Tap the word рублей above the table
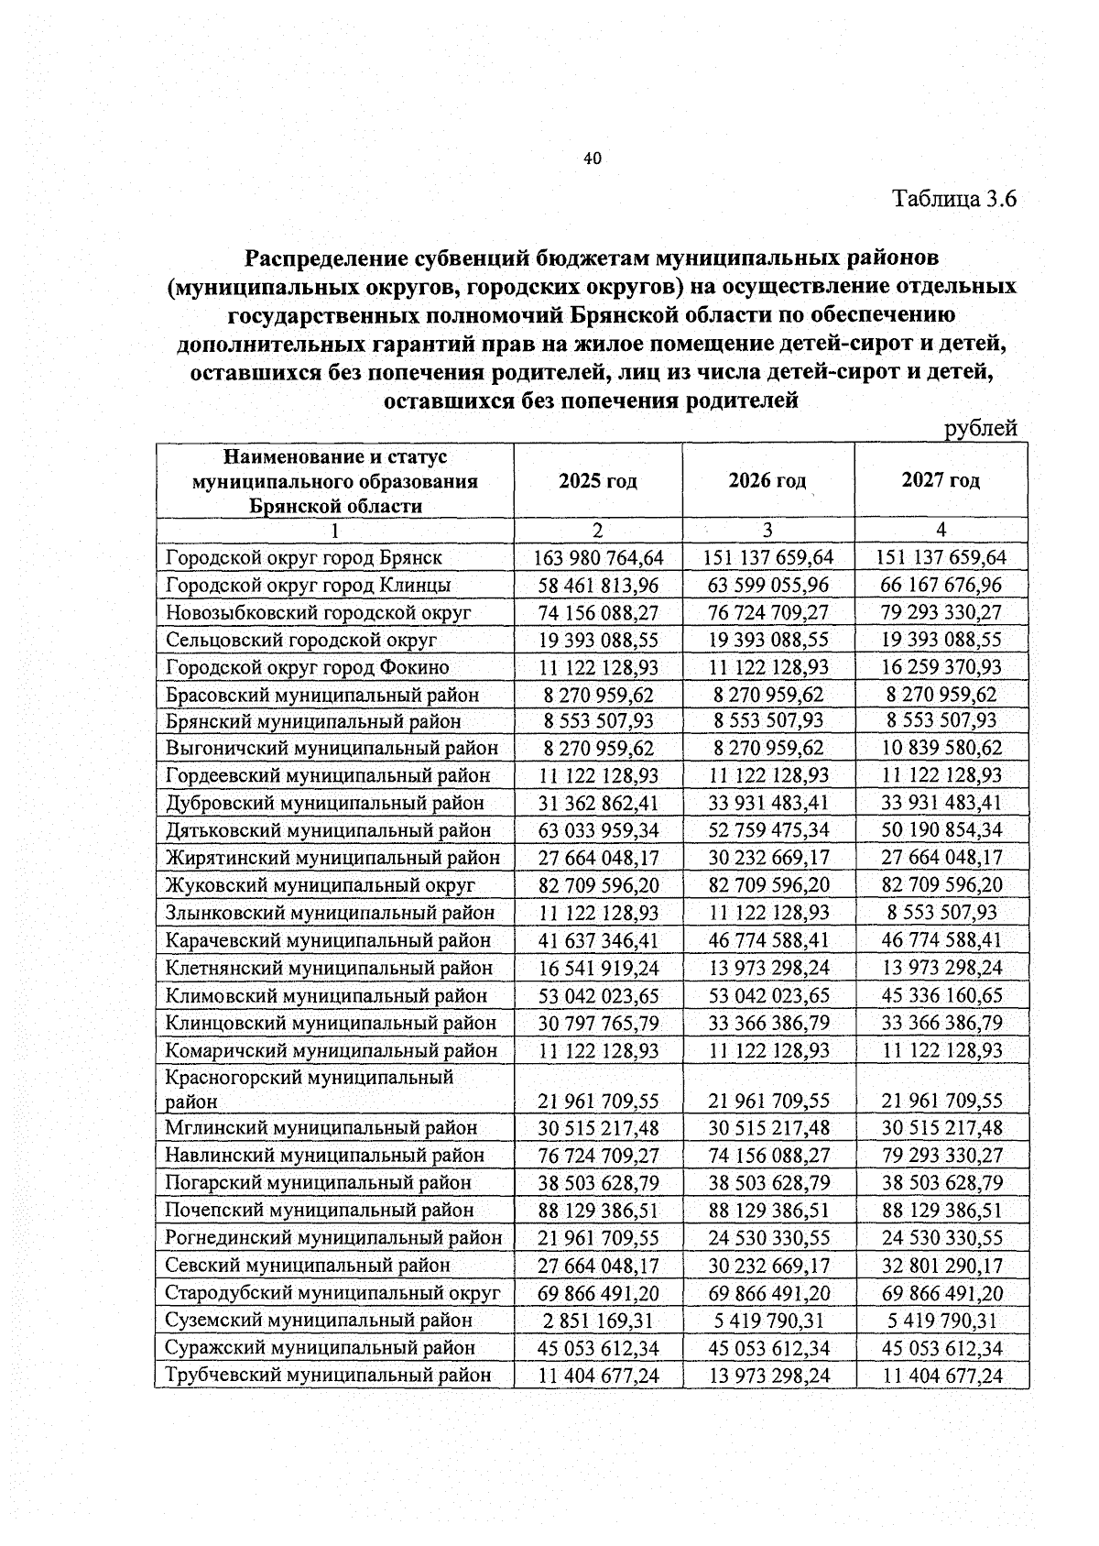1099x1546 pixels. [x=980, y=428]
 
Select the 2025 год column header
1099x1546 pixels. [x=598, y=481]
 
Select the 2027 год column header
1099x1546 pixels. [x=941, y=481]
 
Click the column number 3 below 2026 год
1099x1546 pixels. [x=767, y=530]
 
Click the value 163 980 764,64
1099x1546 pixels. [x=598, y=558]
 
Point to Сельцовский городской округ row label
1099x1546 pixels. [x=301, y=640]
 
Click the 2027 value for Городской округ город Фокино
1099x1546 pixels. [x=941, y=668]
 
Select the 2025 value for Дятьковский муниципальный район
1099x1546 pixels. [x=598, y=831]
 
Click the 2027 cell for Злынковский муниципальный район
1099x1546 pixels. [x=941, y=914]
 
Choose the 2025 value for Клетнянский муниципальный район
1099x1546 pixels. [x=598, y=969]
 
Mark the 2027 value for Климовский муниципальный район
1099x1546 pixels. [x=941, y=996]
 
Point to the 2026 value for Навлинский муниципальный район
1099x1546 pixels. [x=767, y=1156]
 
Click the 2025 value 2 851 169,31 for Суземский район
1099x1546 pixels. [x=598, y=1321]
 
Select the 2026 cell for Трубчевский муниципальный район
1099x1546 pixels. [x=767, y=1376]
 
